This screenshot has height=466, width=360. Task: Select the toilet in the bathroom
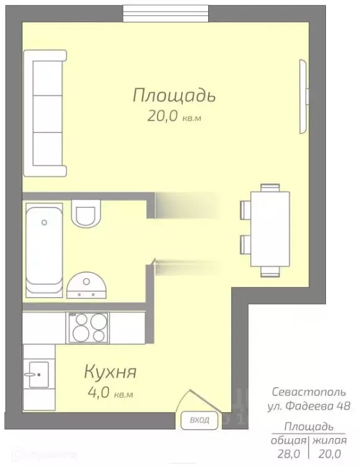[84, 214]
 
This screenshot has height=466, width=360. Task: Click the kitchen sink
[38, 374]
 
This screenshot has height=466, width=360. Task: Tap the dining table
[270, 229]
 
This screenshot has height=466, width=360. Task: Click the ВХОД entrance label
[199, 421]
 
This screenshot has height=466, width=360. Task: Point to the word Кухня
[110, 372]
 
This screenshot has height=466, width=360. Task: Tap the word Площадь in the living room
[173, 95]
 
